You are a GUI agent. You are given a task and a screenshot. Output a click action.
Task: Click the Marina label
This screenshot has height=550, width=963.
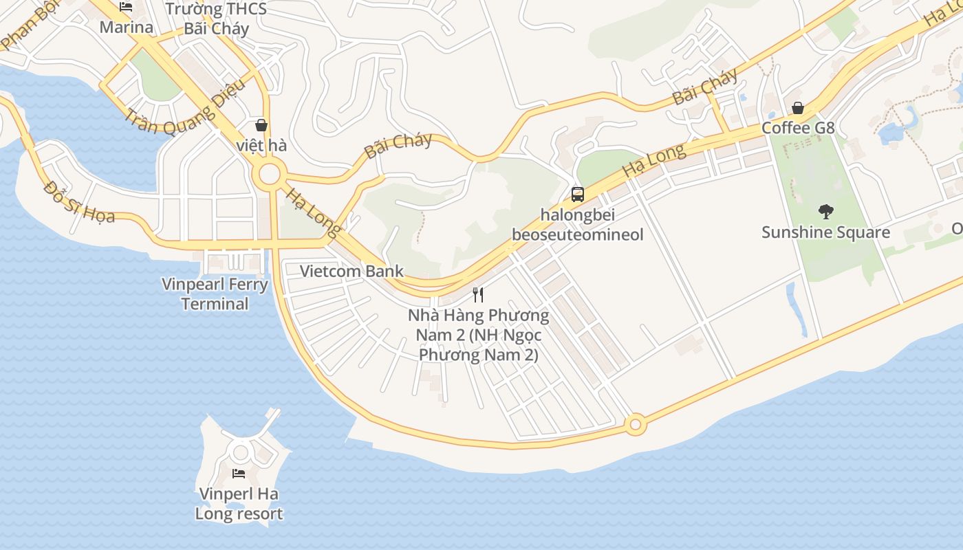click(126, 27)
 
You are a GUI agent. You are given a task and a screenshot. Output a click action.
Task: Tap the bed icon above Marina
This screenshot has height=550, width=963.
click(126, 7)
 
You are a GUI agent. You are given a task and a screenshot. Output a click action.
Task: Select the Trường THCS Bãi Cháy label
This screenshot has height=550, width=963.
click(216, 19)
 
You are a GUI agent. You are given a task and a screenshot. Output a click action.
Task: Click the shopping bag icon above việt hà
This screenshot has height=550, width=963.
click(261, 125)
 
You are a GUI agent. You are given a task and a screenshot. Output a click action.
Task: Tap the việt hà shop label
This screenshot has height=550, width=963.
click(261, 146)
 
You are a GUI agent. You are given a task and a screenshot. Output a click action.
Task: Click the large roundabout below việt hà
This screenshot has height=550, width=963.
click(269, 175)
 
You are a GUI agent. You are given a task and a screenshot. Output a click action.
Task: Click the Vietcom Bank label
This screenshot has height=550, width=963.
click(351, 271)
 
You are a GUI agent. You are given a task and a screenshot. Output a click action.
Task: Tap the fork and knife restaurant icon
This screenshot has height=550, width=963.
click(478, 295)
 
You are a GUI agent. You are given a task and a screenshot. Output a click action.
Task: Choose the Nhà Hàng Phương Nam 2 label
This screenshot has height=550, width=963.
click(478, 335)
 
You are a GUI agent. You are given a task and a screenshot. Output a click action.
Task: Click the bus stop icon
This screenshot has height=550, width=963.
click(578, 194)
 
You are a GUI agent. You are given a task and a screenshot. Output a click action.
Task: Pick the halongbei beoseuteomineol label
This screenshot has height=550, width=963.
click(578, 224)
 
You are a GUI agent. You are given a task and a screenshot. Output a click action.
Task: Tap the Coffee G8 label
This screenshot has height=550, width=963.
click(798, 128)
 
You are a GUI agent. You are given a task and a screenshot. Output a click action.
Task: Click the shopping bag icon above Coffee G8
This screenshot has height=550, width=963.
click(798, 108)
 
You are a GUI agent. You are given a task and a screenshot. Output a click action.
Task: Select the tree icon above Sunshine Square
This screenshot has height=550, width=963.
click(825, 212)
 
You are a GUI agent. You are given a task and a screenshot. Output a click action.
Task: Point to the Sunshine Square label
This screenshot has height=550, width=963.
click(825, 232)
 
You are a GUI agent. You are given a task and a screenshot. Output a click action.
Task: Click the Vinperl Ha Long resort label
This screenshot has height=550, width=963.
click(239, 503)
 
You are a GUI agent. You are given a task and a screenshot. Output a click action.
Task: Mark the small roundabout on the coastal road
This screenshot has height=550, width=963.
click(635, 424)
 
